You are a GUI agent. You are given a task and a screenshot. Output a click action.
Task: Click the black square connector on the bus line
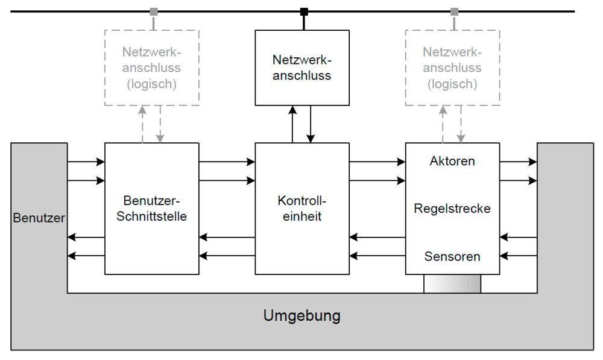(305, 11)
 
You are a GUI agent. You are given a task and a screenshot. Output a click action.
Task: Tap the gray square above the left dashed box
(154, 11)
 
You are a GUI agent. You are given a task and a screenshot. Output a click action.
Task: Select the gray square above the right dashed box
(454, 11)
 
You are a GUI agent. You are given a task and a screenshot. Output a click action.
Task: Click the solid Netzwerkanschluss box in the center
(302, 68)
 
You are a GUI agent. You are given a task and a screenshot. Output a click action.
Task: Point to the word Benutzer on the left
(39, 218)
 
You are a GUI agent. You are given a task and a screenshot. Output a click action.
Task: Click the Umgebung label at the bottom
(301, 315)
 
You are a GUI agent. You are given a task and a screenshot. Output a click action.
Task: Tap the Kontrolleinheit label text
(302, 209)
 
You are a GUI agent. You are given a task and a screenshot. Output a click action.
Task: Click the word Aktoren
(452, 162)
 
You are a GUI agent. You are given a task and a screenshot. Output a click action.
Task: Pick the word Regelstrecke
(452, 209)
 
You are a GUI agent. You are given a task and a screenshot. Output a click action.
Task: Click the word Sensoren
(452, 256)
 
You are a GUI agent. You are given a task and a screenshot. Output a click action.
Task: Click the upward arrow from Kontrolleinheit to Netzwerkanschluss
(292, 124)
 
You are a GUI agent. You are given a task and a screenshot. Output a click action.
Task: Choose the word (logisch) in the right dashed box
(452, 84)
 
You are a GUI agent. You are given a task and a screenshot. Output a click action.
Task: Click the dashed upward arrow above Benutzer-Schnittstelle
(142, 124)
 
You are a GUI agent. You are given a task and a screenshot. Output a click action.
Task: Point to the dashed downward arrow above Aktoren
(461, 124)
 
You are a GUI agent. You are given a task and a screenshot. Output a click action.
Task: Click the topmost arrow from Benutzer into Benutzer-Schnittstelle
(86, 162)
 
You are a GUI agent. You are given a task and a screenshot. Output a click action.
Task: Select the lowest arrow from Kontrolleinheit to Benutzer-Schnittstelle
(227, 256)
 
